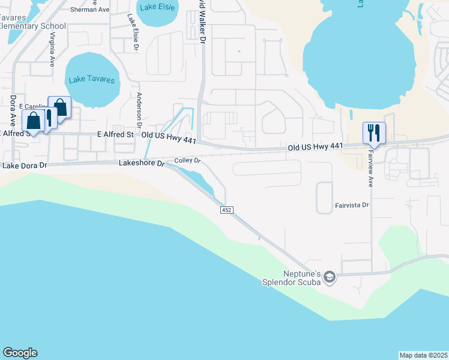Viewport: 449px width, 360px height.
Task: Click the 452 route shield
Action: coord(226,209)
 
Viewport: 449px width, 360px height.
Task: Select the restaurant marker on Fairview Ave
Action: coord(374,133)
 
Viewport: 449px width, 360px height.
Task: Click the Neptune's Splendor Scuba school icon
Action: coord(328,277)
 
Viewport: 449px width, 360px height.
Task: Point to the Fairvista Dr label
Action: coord(351,205)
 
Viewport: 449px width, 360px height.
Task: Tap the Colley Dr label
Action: coord(187,161)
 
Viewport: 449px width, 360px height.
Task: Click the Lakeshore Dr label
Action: coord(142,163)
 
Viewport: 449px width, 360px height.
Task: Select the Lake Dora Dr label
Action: coord(24,165)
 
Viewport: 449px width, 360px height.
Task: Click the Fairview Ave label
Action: coord(370,169)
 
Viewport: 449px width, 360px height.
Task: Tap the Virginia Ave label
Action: coord(53,49)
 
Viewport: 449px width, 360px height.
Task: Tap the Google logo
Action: coord(20,353)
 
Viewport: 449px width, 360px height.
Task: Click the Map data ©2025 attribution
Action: coord(423,355)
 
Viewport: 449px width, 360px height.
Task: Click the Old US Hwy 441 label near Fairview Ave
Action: coord(315,146)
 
